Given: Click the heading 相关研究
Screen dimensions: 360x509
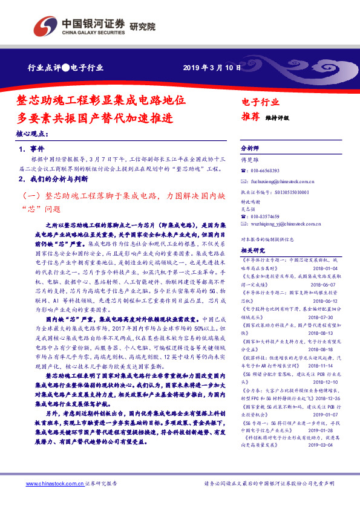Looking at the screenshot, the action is [253, 250].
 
